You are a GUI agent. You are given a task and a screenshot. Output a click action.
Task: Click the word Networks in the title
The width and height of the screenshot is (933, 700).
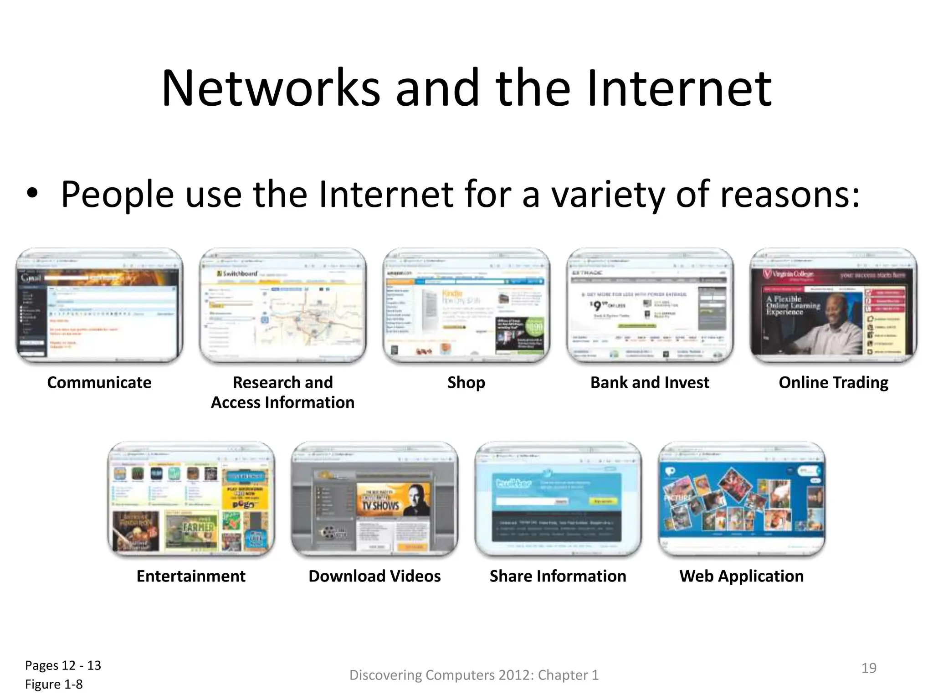[271, 88]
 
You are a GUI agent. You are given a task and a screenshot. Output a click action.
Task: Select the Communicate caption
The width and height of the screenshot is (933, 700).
[99, 383]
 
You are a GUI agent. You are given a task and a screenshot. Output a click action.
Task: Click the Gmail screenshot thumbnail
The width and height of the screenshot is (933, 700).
[99, 305]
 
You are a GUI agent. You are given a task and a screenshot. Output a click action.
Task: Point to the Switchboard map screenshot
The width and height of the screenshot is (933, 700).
[283, 305]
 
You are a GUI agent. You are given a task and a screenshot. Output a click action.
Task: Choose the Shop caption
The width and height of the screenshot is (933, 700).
[466, 383]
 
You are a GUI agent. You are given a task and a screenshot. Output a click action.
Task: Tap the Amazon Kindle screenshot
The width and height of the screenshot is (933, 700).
[466, 305]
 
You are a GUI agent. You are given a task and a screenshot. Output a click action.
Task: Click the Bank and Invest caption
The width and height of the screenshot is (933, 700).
[650, 383]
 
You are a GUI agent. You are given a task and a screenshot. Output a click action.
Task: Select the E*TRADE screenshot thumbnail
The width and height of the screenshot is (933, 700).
[650, 305]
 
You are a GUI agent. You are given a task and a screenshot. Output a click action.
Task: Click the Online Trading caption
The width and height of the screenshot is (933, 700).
[833, 383]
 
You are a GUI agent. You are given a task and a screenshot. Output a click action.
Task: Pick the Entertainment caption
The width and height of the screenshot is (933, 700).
[191, 576]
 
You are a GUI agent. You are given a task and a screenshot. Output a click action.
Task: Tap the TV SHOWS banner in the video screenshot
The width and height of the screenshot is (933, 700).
[380, 505]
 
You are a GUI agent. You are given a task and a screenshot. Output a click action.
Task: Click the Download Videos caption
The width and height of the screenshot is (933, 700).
[374, 576]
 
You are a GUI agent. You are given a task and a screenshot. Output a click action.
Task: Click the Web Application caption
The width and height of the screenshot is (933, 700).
[742, 576]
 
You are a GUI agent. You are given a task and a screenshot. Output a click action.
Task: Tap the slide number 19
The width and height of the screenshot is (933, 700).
[869, 668]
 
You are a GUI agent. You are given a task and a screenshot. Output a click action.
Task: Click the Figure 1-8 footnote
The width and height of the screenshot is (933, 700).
[54, 685]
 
